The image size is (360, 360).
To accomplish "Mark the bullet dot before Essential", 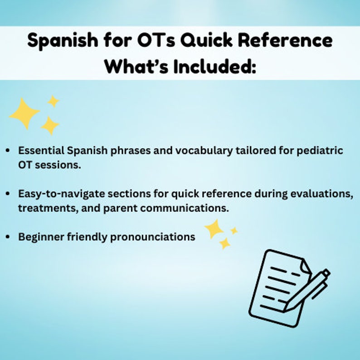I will coord(9,151).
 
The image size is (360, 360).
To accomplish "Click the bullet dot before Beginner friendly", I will coord(9,237).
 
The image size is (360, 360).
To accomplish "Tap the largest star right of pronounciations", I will coord(214,229).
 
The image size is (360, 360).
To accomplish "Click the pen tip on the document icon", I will coord(287,308).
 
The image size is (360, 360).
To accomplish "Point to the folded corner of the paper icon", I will coord(306,265).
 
